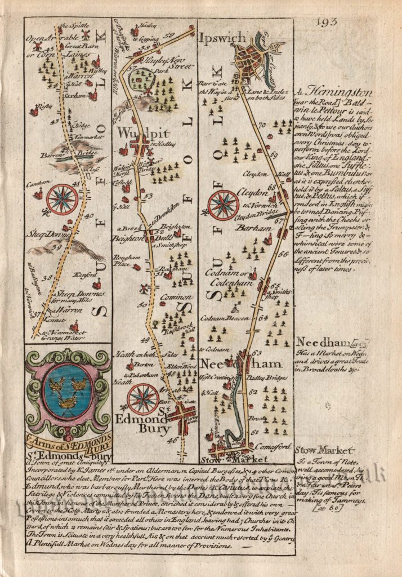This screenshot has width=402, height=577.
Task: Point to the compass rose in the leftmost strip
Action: pos(62,199)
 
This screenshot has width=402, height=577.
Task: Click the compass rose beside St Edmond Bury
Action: pos(142,399)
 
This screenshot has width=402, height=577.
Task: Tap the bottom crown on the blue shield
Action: pos(68,401)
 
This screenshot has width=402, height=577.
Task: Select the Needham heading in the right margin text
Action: pos(316,343)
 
